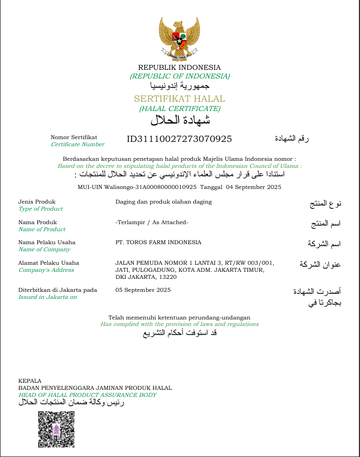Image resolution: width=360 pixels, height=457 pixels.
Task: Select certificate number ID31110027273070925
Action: pos(179,139)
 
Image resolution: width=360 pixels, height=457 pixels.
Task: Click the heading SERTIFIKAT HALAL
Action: pos(179,99)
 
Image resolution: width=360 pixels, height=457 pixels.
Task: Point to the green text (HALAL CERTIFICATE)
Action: pos(179,109)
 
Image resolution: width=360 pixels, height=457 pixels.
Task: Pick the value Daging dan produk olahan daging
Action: pos(163,202)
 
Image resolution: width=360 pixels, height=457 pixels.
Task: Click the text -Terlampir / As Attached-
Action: pos(152,222)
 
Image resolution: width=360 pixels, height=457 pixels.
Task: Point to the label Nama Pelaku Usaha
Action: pos(47,242)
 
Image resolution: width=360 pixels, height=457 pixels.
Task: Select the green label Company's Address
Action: pos(45,270)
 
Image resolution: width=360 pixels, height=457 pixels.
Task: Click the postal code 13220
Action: pos(166,277)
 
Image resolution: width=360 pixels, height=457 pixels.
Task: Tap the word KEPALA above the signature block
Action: pos(30,381)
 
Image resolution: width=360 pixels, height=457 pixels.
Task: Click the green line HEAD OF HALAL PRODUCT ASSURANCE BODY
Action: pos(87,395)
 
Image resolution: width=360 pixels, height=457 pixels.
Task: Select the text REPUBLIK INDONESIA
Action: pos(179,67)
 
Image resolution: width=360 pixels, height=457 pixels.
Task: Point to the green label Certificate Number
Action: pos(77,145)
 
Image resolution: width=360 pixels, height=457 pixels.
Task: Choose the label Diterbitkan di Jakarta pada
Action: pos(57,290)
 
